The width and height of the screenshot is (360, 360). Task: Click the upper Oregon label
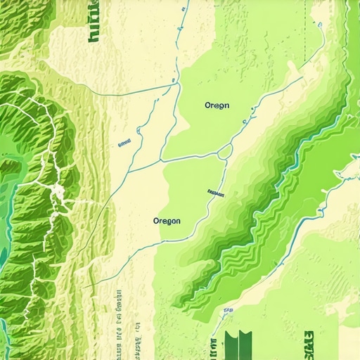pos(217,105)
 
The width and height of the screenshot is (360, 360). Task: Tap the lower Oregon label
pos(167,221)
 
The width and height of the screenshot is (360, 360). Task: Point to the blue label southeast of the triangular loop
pos(216,191)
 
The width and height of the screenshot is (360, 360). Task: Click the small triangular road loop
pos(225,151)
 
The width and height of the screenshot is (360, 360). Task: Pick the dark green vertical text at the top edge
pos(94,21)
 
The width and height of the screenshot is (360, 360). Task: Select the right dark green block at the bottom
pos(245,345)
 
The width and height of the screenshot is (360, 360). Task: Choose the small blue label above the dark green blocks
pos(229,309)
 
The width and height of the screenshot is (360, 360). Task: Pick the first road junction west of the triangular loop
pos(163,159)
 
